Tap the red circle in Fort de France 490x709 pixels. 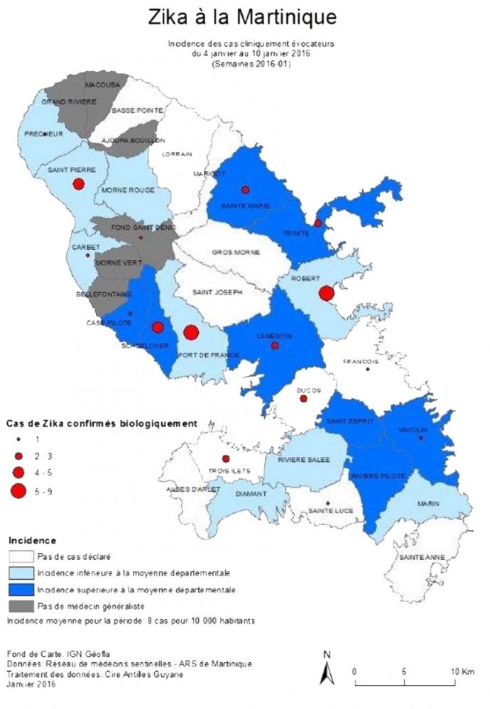coord(190,331)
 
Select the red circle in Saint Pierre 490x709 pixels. coord(78,184)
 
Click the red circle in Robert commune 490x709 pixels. coord(326,293)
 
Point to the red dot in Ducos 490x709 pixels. coord(303,399)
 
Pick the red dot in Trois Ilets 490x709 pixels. coord(226,458)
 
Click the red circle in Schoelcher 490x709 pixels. coord(158,327)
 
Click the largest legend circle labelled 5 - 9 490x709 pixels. coord(19,490)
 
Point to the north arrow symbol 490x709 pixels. coord(325,669)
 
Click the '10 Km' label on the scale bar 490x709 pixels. coord(459,671)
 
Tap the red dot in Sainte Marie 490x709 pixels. coord(246,189)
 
